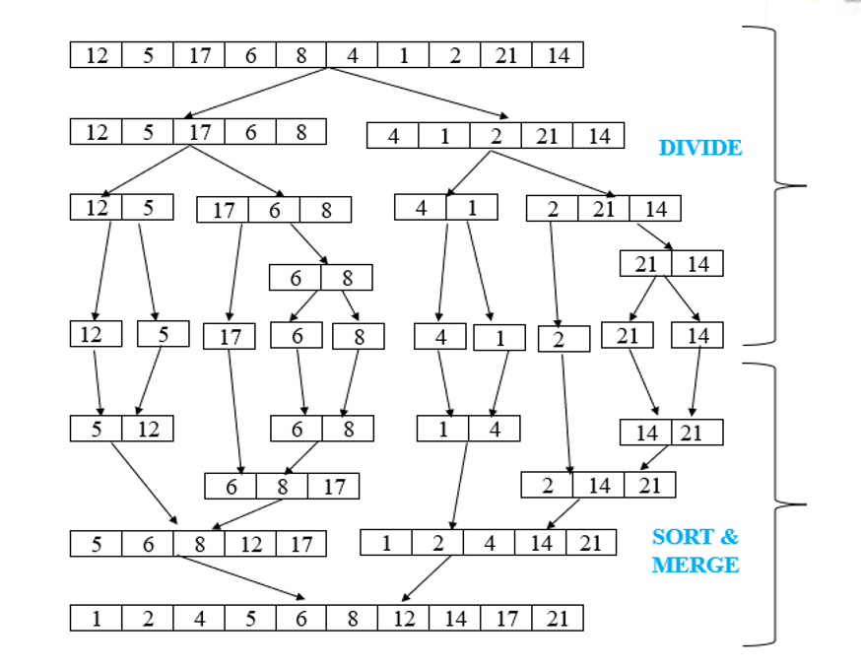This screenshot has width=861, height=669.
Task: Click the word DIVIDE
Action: tap(699, 148)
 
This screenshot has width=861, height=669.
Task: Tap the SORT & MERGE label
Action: tap(695, 551)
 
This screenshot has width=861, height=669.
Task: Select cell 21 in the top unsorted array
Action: tap(506, 55)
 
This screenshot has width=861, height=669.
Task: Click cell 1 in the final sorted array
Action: tap(97, 619)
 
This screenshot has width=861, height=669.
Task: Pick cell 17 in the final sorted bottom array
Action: tap(506, 619)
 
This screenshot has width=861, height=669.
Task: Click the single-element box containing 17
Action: tap(230, 337)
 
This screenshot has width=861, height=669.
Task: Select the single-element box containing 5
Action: tap(164, 334)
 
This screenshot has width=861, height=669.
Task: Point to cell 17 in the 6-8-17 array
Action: tap(334, 486)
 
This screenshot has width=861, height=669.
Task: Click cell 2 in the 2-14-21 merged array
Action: tap(548, 485)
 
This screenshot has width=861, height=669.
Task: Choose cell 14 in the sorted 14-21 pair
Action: tap(646, 433)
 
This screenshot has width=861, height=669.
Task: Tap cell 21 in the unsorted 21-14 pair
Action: tap(646, 263)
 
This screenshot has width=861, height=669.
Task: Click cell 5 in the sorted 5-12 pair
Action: tap(97, 429)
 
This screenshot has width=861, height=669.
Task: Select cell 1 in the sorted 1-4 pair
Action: tap(443, 429)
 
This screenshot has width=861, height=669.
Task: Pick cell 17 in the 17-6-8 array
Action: tap(224, 210)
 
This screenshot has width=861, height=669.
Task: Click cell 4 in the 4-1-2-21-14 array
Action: tap(393, 136)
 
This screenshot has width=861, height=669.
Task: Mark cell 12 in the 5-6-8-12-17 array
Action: tap(250, 543)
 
